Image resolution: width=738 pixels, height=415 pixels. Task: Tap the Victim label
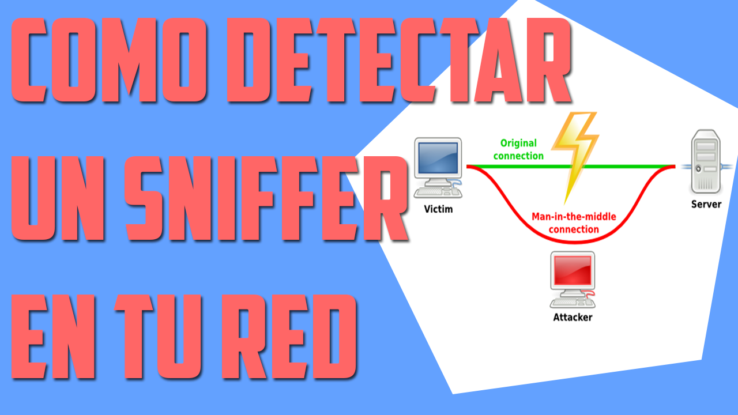coord(438,209)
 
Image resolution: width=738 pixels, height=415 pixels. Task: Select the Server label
coord(706,204)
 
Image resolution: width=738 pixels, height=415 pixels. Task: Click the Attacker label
coord(572,317)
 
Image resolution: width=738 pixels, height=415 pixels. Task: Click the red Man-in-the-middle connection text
coord(573,223)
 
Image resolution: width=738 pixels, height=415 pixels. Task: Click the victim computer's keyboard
coord(435,193)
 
